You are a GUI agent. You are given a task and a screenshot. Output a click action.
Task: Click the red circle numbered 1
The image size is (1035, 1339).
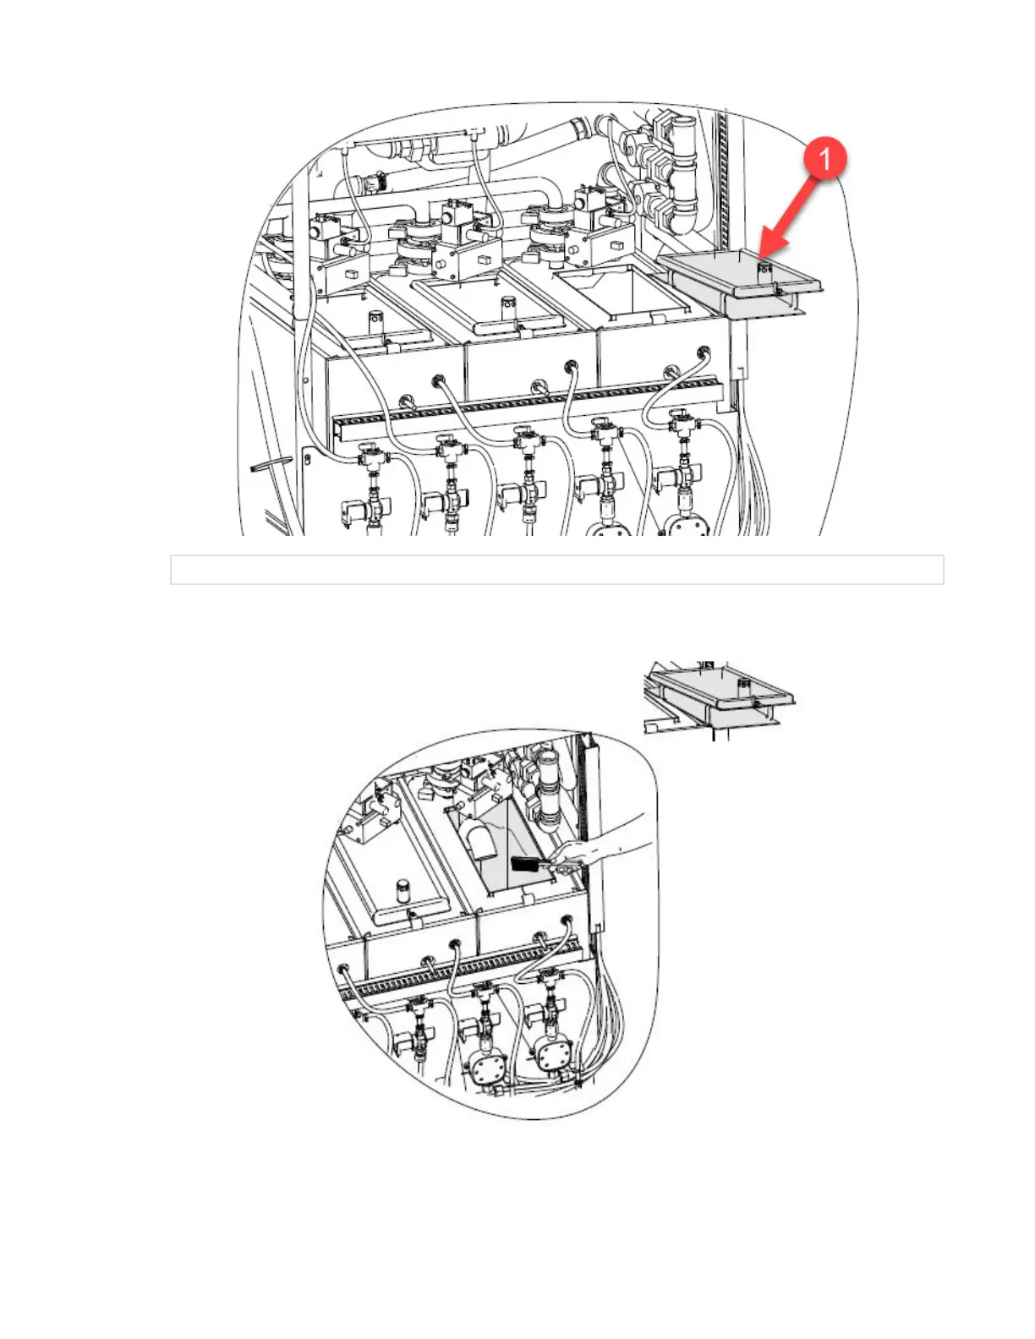[824, 159]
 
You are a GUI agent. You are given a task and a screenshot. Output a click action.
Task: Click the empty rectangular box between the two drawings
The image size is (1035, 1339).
[556, 570]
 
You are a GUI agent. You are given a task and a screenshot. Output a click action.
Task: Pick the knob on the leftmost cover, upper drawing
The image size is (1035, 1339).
[376, 322]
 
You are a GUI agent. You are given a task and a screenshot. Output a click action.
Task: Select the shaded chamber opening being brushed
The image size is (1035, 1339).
[507, 854]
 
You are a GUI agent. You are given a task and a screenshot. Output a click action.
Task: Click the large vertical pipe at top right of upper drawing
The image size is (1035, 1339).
[683, 169]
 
